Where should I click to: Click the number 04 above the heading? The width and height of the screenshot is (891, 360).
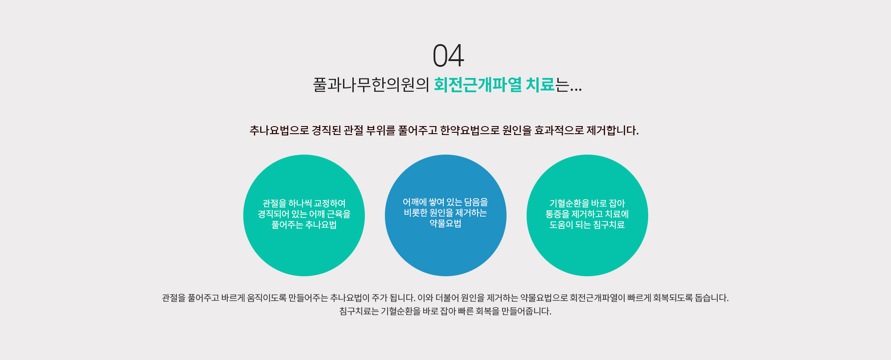(448, 56)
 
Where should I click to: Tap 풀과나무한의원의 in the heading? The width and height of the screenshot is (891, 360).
(371, 85)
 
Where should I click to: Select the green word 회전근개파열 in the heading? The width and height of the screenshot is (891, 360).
(478, 85)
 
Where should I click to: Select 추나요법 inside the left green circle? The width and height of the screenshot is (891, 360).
(321, 225)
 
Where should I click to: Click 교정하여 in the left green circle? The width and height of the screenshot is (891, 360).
(330, 204)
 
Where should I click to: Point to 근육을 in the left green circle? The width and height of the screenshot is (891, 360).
(339, 214)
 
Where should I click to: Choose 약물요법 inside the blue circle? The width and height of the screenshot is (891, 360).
(445, 224)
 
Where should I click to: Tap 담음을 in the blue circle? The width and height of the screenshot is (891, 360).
(476, 202)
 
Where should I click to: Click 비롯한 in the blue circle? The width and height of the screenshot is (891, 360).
(416, 213)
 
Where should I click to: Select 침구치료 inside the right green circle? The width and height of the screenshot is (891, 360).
(609, 225)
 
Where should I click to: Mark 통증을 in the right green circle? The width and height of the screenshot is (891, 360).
(557, 214)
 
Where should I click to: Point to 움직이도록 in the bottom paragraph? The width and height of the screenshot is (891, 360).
(267, 298)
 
